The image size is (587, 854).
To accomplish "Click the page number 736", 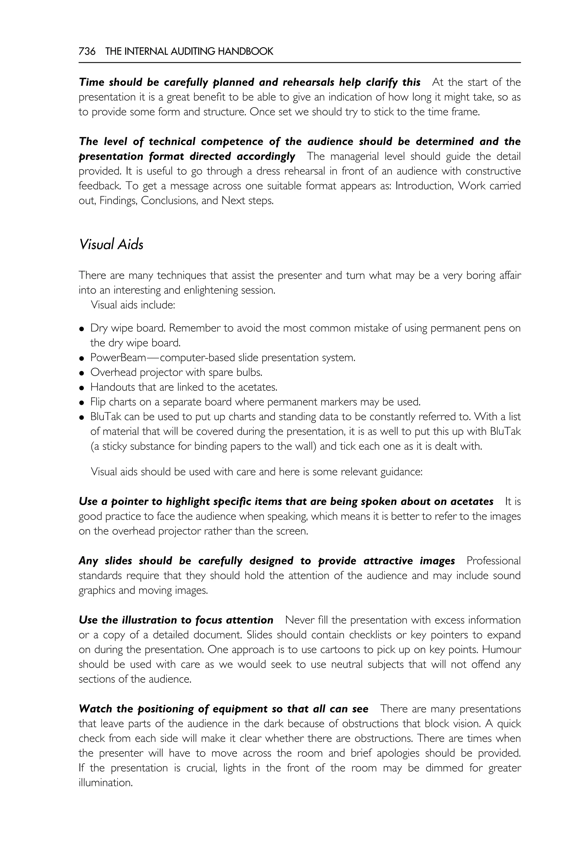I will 87,51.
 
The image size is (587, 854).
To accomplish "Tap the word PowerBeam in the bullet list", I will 118,358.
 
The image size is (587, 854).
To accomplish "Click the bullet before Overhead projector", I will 82,373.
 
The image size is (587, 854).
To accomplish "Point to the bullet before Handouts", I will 82,388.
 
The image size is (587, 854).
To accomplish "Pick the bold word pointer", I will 130,502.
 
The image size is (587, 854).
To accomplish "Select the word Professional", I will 493,561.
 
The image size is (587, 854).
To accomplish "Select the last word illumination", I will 105,783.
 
